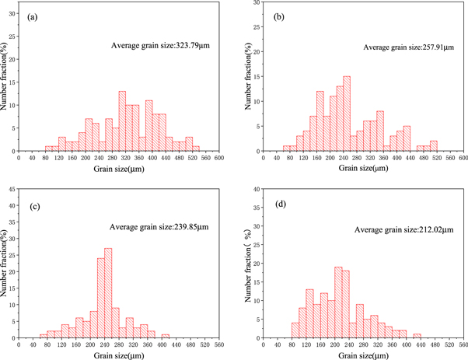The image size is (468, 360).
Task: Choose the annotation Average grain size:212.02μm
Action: [x=403, y=229]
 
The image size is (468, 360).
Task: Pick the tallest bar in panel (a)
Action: [x=122, y=121]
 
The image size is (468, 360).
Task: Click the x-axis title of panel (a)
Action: [x=119, y=169]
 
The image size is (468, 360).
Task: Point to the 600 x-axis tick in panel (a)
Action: [x=219, y=158]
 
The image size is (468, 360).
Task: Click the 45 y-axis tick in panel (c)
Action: [x=12, y=186]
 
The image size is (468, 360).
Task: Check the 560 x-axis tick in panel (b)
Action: [x=449, y=158]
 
